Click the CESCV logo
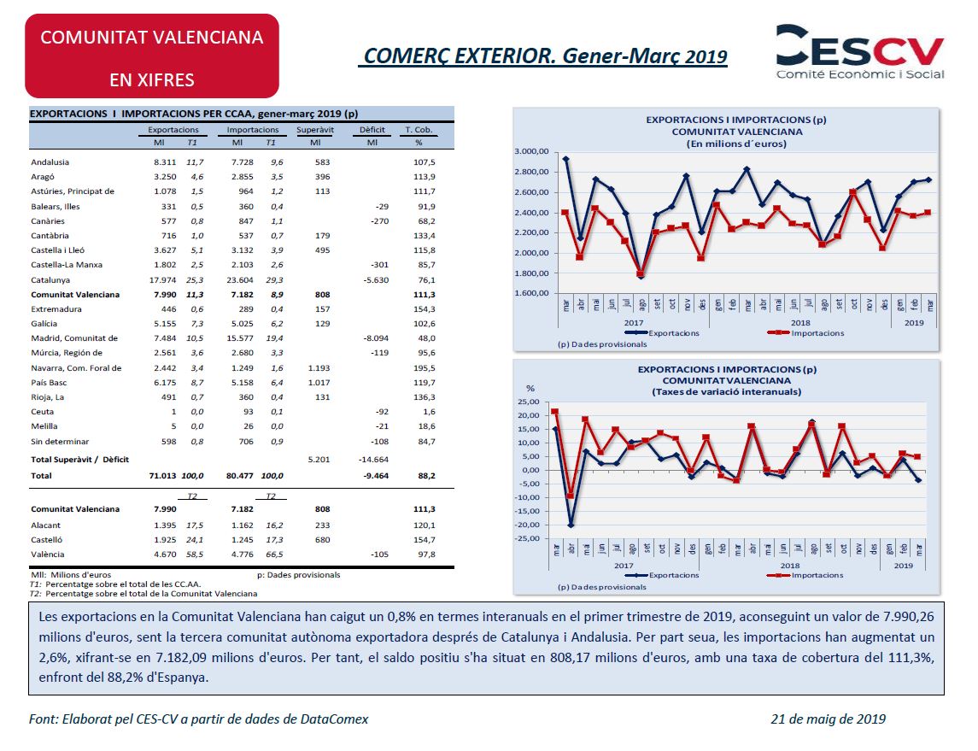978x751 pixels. (x=859, y=52)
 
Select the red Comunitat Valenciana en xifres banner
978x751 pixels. (x=152, y=56)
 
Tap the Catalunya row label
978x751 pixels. (x=50, y=280)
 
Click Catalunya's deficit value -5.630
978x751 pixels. (x=376, y=280)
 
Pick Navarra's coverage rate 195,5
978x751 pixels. (x=425, y=368)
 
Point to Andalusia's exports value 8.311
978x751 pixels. (x=165, y=162)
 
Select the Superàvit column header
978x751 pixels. (x=315, y=130)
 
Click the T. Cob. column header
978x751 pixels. (x=419, y=130)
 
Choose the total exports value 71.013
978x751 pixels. (x=162, y=475)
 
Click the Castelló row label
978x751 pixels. (x=47, y=540)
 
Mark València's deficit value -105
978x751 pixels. (x=379, y=554)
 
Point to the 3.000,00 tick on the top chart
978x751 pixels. (x=531, y=151)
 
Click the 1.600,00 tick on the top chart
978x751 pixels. (x=531, y=293)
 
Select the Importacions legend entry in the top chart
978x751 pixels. (x=805, y=333)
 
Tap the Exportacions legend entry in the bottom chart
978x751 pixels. (x=662, y=575)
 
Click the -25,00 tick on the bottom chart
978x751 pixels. (x=529, y=538)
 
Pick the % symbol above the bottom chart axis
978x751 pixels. (x=530, y=389)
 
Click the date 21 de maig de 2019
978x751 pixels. (x=829, y=719)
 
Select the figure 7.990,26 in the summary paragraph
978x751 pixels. (x=909, y=617)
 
